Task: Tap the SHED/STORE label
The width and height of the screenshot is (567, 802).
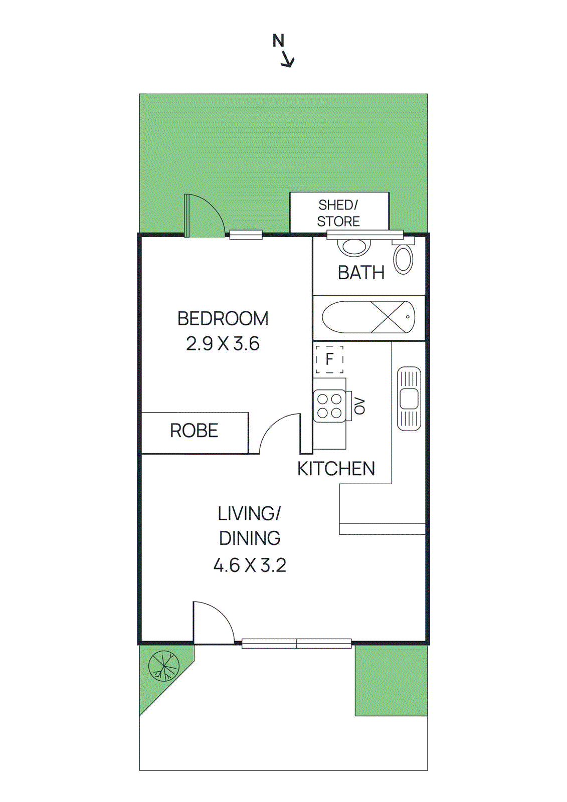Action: tap(338, 213)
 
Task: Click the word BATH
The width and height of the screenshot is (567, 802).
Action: tap(361, 273)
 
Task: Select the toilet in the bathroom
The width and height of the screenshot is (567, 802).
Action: tap(403, 259)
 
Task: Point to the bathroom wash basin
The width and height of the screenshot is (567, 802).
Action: tap(354, 247)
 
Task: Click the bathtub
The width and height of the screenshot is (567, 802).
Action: tap(368, 317)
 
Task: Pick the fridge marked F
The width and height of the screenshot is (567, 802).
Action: tap(329, 359)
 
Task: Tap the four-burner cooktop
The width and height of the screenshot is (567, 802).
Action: tap(329, 406)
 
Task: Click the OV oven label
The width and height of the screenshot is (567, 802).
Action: tap(359, 406)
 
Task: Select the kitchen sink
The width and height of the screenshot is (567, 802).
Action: tap(409, 398)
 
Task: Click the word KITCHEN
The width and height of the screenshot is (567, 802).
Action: tap(336, 469)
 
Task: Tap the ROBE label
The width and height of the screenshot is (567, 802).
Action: tap(194, 431)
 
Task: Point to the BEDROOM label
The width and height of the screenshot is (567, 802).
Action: tap(223, 319)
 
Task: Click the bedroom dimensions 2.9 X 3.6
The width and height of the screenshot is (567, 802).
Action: tap(223, 344)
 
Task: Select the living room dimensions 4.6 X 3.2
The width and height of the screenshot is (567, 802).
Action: tap(250, 565)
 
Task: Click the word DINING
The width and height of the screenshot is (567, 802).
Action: tap(250, 538)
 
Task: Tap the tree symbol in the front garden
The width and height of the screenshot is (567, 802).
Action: tap(164, 666)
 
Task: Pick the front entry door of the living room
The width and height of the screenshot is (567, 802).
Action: tap(213, 622)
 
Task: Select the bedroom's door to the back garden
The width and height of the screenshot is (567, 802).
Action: tap(203, 216)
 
